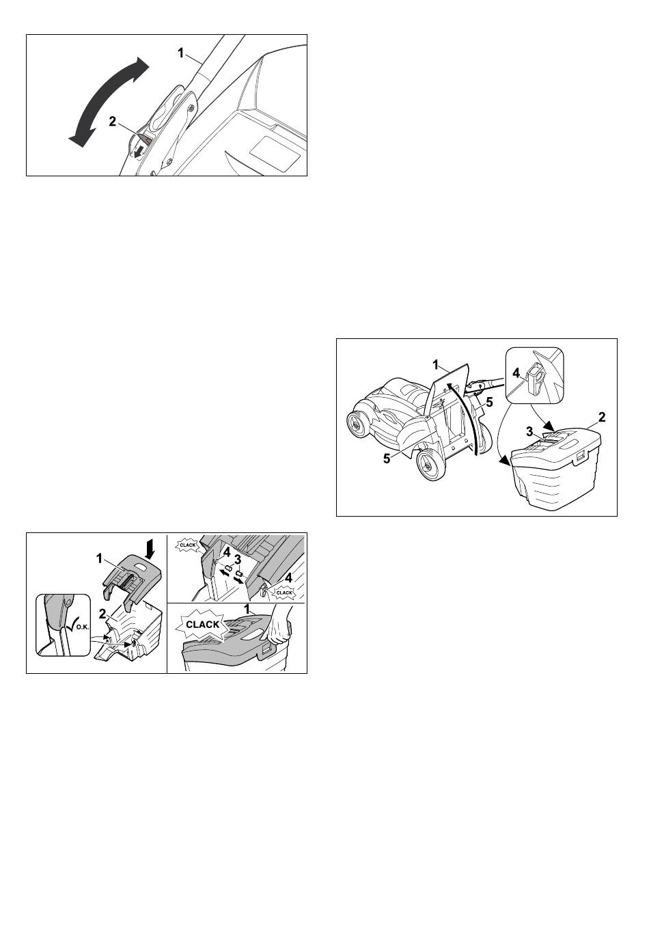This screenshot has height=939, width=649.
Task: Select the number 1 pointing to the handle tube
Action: pyautogui.click(x=180, y=53)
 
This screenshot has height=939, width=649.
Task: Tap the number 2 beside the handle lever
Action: pyautogui.click(x=112, y=122)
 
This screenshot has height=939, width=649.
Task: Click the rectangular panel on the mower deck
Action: pyautogui.click(x=275, y=154)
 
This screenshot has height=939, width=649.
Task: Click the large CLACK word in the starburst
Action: pyautogui.click(x=202, y=624)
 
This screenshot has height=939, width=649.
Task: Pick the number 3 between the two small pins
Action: pyautogui.click(x=238, y=560)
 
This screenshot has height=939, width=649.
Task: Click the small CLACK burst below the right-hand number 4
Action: pyautogui.click(x=284, y=593)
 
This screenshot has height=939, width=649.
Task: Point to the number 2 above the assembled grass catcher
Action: pyautogui.click(x=602, y=417)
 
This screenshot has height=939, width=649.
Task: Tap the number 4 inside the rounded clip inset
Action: pyautogui.click(x=516, y=372)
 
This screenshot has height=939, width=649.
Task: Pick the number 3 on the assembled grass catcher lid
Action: pyautogui.click(x=529, y=431)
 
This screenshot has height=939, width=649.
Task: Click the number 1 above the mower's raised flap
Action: pyautogui.click(x=435, y=365)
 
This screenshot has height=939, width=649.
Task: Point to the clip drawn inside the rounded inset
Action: pyautogui.click(x=534, y=378)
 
